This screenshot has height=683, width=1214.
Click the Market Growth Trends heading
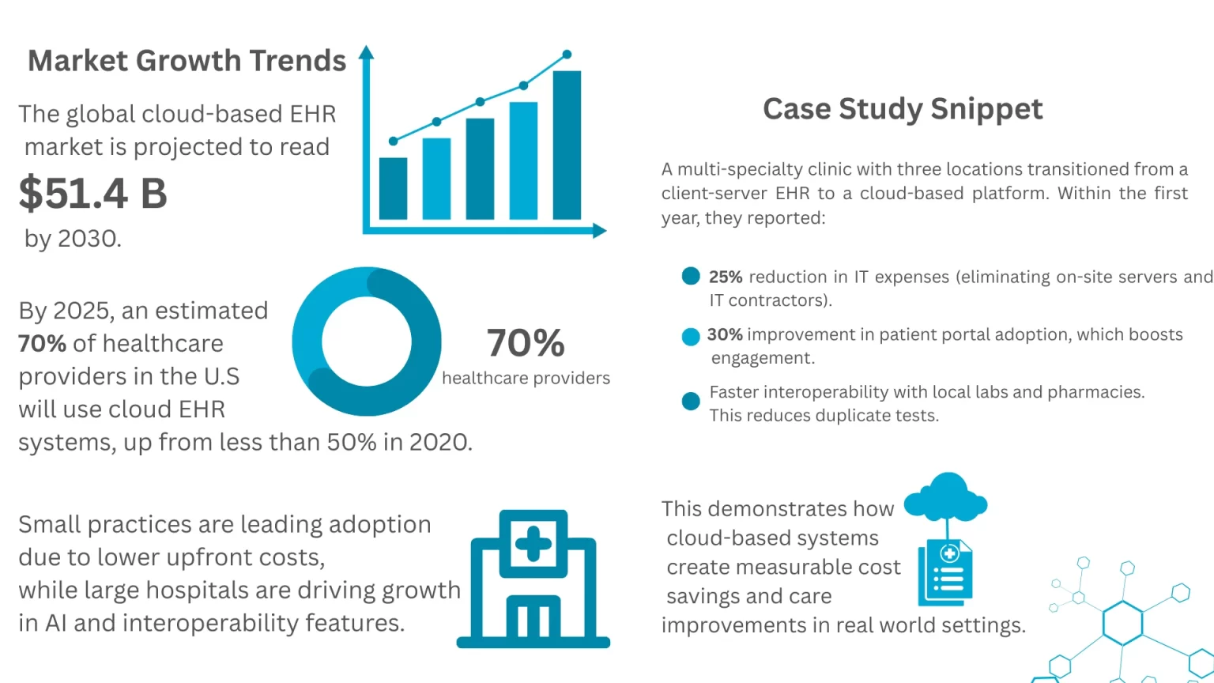click(x=187, y=61)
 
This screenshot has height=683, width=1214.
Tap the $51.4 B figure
click(x=93, y=194)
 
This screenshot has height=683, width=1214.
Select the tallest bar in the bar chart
click(x=567, y=145)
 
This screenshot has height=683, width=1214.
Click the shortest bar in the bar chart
click(x=393, y=188)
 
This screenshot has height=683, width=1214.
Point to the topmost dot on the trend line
click(x=567, y=55)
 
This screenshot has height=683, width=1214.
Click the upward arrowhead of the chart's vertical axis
click(x=366, y=53)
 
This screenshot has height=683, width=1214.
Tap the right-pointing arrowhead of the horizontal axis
click(x=599, y=231)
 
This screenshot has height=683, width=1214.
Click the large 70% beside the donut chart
click(x=526, y=343)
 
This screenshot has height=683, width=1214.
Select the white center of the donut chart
click(x=367, y=341)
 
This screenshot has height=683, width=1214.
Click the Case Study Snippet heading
click(x=903, y=109)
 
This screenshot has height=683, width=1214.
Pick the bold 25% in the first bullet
click(x=725, y=277)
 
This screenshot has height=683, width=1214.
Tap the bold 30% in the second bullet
click(x=724, y=334)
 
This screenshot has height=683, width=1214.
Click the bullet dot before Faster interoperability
click(x=691, y=401)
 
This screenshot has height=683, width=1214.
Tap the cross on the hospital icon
click(x=533, y=544)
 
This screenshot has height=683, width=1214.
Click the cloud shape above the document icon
click(x=946, y=496)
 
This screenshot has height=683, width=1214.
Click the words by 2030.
click(x=73, y=239)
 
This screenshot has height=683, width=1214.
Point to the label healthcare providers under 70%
click(x=526, y=379)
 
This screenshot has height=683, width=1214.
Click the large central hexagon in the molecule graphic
click(x=1122, y=622)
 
